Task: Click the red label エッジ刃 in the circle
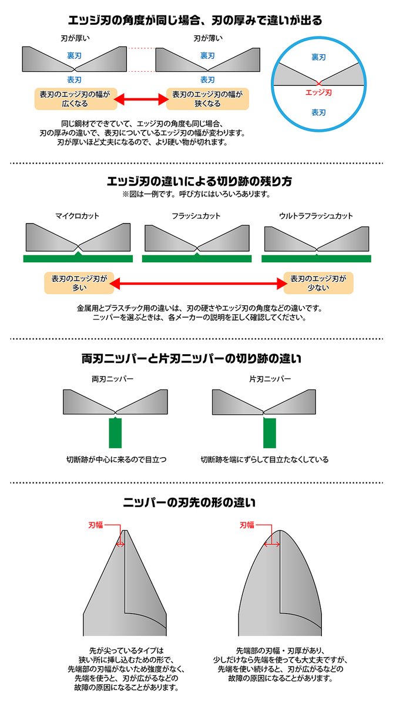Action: pos(319,92)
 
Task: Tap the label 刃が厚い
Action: pos(74,39)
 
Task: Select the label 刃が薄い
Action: pos(207,39)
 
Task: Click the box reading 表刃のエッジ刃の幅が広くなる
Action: pos(74,99)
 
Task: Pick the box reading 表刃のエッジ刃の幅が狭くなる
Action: pos(207,99)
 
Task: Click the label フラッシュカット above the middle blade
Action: pos(197,216)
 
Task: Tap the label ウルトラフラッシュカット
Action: pos(316,216)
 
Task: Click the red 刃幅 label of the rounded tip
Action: pos(247,524)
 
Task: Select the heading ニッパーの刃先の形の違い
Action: pos(196,503)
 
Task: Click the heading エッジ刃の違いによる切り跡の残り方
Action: pos(196,180)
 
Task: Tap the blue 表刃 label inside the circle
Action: pos(319,111)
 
